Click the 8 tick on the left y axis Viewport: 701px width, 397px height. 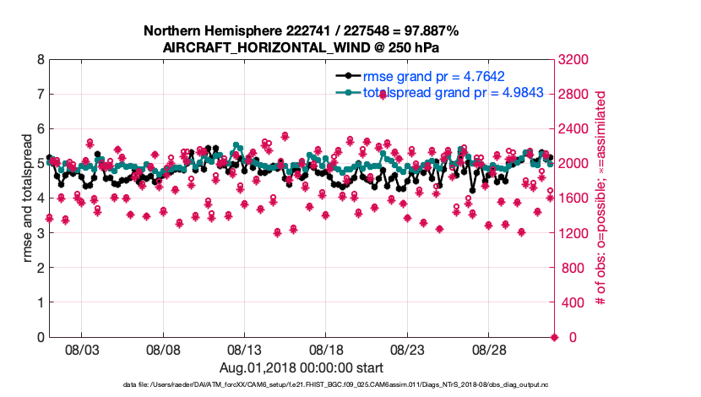pos(40,60)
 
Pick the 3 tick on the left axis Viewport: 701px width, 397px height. pos(40,233)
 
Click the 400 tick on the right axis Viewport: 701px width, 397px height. pos(570,302)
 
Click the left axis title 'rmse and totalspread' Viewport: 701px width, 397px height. pos(28,198)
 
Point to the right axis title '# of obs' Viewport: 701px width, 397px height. pos(601,198)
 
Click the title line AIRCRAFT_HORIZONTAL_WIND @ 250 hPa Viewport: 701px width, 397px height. pos(301,47)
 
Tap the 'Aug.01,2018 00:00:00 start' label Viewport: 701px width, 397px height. pos(302,367)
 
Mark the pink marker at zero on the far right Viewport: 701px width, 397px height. pos(554,337)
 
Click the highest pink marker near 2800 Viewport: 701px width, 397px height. pos(383,94)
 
